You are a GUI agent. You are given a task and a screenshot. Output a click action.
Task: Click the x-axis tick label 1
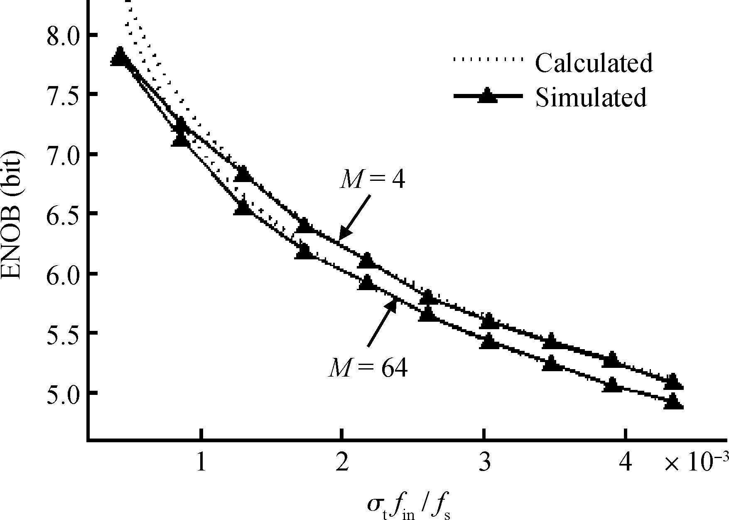201,463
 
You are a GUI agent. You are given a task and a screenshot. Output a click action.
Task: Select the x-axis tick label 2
342,463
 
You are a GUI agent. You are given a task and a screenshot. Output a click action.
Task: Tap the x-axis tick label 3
484,463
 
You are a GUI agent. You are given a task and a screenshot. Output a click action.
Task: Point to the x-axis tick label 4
625,463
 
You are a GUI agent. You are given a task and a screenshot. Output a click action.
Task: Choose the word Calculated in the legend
594,63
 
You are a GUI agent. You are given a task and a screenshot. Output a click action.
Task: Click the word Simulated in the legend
591,98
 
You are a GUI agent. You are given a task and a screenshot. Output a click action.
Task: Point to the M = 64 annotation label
368,368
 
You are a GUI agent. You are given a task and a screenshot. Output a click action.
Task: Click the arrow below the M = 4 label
354,217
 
